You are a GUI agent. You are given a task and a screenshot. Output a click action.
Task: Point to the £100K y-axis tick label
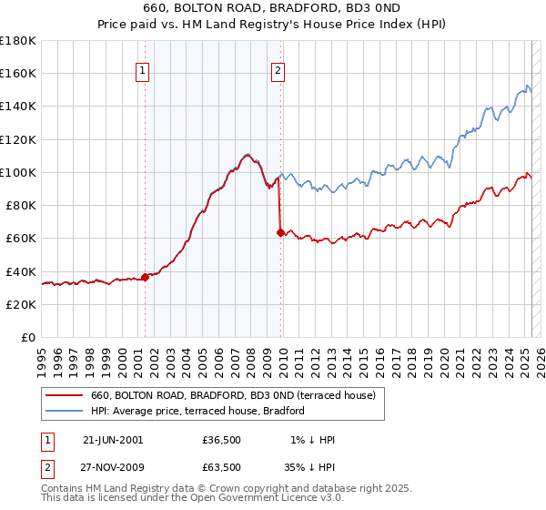point(18,172)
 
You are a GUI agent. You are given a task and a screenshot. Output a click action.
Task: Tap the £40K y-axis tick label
point(21,271)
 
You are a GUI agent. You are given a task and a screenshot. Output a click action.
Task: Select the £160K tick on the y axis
point(18,73)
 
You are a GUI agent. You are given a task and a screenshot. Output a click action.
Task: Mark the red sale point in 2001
point(145,277)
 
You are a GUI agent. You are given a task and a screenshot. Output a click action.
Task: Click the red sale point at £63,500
point(280,232)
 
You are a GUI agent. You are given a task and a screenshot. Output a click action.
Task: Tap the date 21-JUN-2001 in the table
point(113,440)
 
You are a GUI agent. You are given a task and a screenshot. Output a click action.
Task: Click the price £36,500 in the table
point(222,440)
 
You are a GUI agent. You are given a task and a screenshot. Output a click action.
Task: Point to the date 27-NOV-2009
point(114,466)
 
